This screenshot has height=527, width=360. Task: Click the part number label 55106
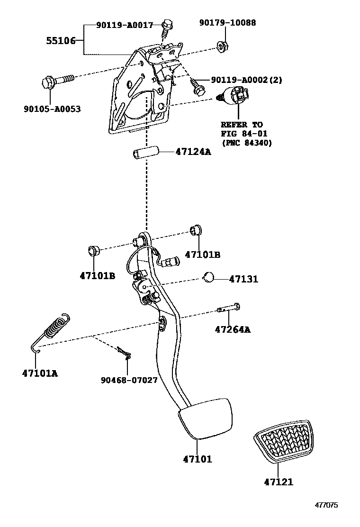coord(61,41)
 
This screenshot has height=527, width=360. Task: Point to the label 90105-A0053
coord(52,109)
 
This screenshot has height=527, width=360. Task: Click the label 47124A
coord(193,152)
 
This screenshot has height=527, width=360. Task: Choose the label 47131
coord(243,279)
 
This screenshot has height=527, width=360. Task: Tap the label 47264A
coord(233,329)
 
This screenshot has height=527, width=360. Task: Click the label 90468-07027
coord(129,380)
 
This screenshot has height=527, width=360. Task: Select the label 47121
coord(279,482)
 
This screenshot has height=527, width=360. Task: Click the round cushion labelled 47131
coord(208,277)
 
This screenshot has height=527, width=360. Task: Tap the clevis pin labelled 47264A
coord(229,309)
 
